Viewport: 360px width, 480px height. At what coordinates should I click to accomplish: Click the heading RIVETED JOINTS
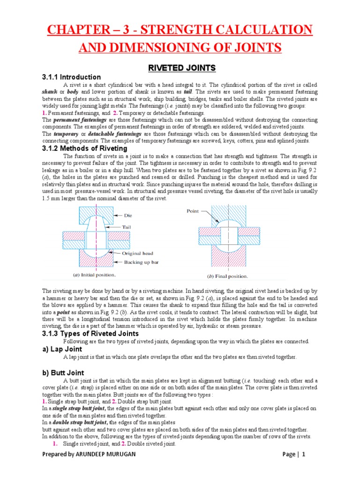[182, 68]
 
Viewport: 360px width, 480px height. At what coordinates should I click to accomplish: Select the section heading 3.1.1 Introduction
[71, 77]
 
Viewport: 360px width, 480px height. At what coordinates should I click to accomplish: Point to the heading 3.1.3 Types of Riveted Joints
[90, 333]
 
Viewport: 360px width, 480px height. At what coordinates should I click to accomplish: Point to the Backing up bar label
[141, 262]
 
